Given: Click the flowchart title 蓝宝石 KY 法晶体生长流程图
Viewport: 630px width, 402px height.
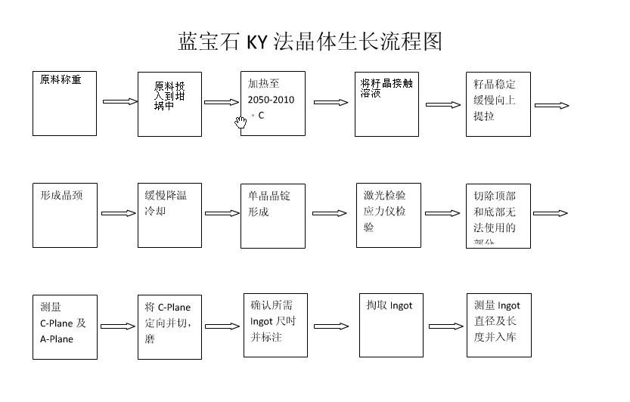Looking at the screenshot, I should [x=310, y=41].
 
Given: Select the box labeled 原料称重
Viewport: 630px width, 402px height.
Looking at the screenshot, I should [x=64, y=104].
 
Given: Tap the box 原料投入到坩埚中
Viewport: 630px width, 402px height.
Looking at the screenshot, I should [x=169, y=104].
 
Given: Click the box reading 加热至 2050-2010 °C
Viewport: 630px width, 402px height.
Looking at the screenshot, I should [x=273, y=104].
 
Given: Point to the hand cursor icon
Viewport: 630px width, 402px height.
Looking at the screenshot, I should [x=241, y=121].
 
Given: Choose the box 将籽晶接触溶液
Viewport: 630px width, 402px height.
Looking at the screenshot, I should [x=386, y=104].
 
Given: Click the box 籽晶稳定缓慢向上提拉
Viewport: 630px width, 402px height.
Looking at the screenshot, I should [x=498, y=104].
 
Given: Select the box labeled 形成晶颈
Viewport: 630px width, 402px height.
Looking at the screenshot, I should [x=64, y=215].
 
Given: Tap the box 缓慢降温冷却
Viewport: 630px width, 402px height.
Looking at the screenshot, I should [x=169, y=215].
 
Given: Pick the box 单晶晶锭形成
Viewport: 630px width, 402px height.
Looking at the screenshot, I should [x=273, y=215].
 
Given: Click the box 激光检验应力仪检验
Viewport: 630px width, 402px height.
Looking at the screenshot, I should [x=389, y=215].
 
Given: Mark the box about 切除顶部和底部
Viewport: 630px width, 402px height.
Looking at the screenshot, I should [x=498, y=215].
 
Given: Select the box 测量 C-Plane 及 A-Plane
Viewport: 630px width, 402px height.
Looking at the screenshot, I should [x=64, y=326].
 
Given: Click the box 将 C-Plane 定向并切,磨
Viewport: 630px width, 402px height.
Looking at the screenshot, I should [x=169, y=326].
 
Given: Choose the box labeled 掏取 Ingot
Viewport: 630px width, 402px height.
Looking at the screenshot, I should [x=390, y=325].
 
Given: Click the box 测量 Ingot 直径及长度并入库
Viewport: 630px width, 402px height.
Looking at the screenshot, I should [x=498, y=325].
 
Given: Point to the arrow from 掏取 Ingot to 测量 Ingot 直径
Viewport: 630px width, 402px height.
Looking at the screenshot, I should [x=445, y=326].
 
